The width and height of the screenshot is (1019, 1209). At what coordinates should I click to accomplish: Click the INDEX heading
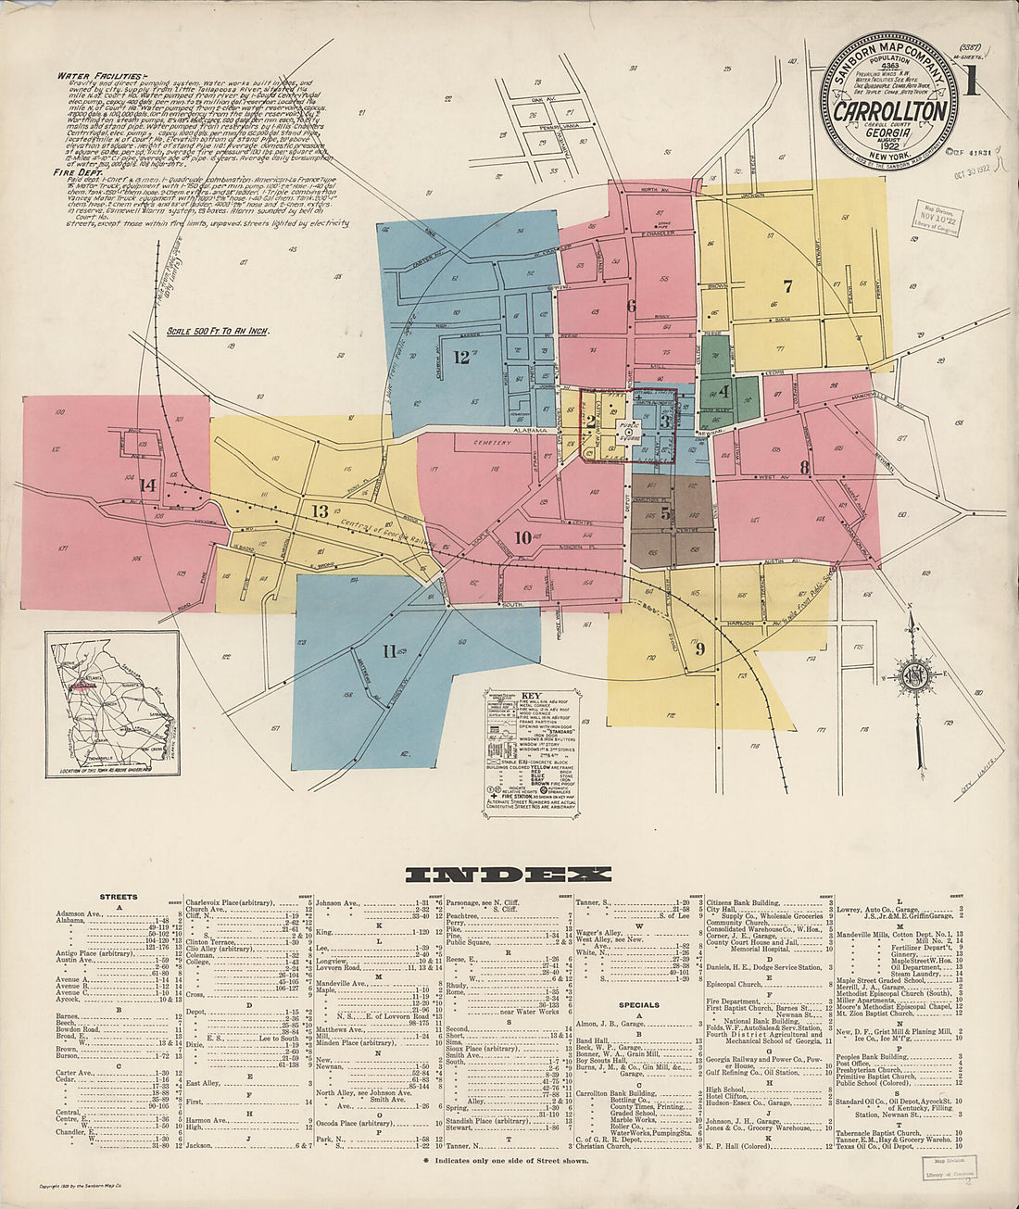tap(509, 874)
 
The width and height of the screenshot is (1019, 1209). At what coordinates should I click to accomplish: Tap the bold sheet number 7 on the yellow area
tap(787, 286)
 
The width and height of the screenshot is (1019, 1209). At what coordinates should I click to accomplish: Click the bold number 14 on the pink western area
tap(146, 485)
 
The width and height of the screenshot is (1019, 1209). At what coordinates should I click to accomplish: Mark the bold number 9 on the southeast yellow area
tap(700, 649)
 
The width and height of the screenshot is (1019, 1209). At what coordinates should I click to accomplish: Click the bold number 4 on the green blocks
tap(723, 391)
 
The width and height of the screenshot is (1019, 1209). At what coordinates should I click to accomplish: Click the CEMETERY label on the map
tap(492, 443)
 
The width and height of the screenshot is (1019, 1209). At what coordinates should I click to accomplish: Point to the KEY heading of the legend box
tap(530, 695)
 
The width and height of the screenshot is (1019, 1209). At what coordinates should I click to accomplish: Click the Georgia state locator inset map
tap(112, 702)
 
